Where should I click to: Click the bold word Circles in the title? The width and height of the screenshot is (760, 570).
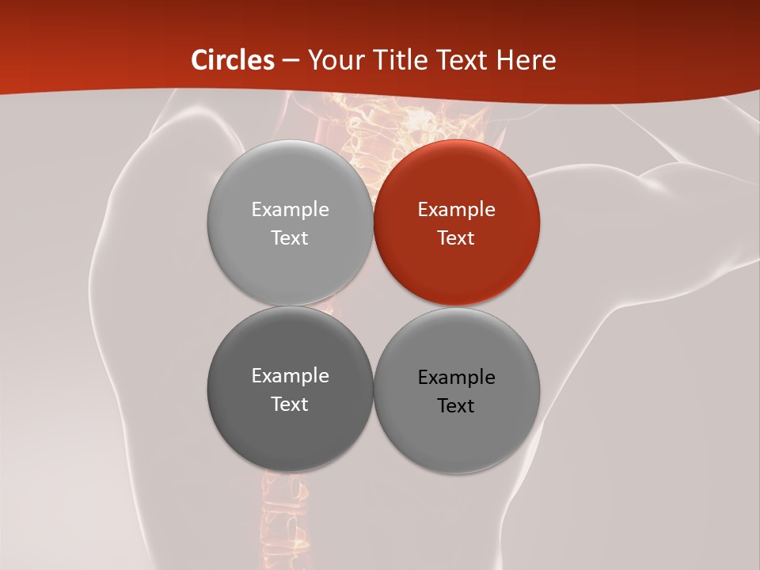point(232,60)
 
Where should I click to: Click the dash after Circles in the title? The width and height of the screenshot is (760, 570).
point(291,61)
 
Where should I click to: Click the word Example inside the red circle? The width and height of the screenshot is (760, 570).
point(456,210)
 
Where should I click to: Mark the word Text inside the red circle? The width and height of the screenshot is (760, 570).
point(456,238)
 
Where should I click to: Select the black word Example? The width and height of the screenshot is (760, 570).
point(456,378)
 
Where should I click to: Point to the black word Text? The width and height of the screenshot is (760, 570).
point(456,406)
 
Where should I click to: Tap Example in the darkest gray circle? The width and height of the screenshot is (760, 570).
point(290,376)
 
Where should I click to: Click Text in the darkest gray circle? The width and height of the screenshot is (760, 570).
point(290,405)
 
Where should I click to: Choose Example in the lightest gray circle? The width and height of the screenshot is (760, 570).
point(290,210)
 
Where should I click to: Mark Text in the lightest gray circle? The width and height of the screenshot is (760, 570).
point(290,238)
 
